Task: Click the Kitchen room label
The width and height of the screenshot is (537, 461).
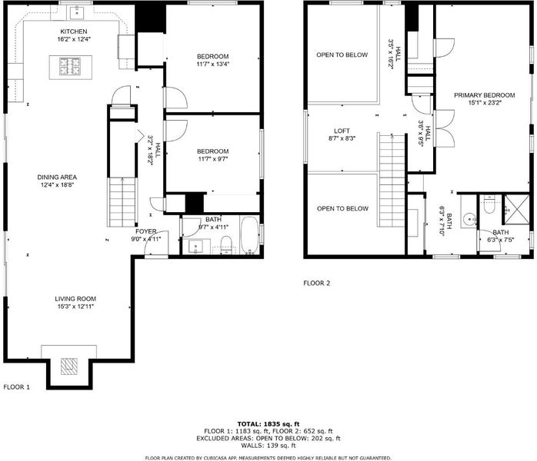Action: point(74,32)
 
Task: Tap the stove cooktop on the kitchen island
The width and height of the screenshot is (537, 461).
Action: point(70,67)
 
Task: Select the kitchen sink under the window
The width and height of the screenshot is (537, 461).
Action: point(77,13)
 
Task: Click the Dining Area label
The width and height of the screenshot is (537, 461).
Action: point(57,177)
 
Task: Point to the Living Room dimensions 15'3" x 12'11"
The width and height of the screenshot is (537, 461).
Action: point(75,307)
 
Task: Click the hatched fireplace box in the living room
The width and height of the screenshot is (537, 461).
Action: point(68,366)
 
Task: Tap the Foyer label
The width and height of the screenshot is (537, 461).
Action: point(146,231)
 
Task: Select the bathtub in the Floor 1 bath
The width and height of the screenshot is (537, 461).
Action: point(250,235)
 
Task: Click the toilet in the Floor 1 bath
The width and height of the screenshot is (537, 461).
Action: point(226,244)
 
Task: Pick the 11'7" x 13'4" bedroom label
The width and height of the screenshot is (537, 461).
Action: point(212,60)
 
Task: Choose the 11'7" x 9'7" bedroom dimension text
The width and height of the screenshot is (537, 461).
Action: point(212,159)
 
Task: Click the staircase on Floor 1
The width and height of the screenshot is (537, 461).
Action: point(122,202)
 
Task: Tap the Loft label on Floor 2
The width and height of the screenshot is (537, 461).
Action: point(342,131)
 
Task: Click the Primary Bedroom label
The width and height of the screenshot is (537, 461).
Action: point(484,95)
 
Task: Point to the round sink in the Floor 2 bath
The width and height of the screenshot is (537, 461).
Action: point(469,218)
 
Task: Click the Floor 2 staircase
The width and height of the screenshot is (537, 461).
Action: point(392,181)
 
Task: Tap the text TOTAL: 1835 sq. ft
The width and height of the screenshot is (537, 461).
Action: point(268,424)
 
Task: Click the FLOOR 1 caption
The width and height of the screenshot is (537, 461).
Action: point(16,387)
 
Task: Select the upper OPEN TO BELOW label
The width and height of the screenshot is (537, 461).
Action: point(342,55)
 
